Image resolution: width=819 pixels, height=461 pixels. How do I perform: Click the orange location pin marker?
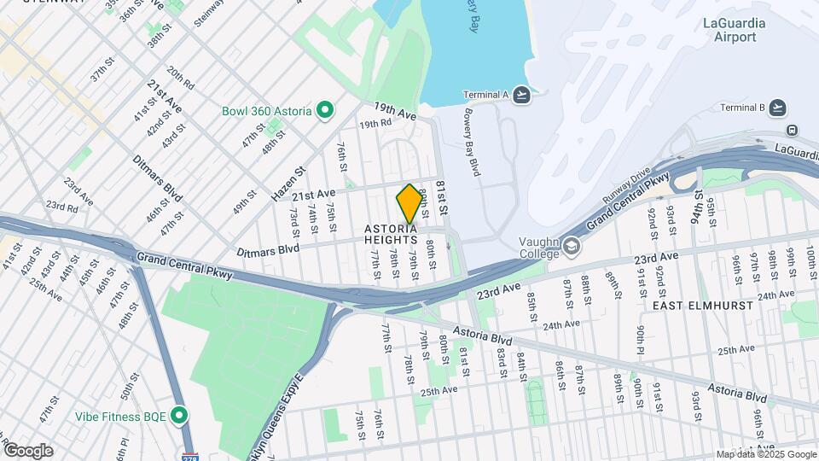(409, 203)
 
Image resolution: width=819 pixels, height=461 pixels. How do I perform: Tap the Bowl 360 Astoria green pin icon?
(324, 110)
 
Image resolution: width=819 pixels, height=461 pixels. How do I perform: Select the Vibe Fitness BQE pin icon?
(178, 416)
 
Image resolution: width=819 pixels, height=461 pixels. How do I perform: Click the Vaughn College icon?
(570, 248)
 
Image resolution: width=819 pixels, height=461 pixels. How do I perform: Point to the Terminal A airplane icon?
(522, 94)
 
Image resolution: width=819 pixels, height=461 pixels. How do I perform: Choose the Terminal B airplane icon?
(776, 107)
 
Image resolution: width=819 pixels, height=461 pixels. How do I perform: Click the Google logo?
(28, 450)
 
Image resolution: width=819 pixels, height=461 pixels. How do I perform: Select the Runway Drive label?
(629, 187)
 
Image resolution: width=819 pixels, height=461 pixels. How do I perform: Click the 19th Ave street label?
(394, 110)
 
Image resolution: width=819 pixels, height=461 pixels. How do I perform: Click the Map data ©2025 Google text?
(764, 454)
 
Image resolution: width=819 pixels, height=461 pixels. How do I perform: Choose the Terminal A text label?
(485, 94)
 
